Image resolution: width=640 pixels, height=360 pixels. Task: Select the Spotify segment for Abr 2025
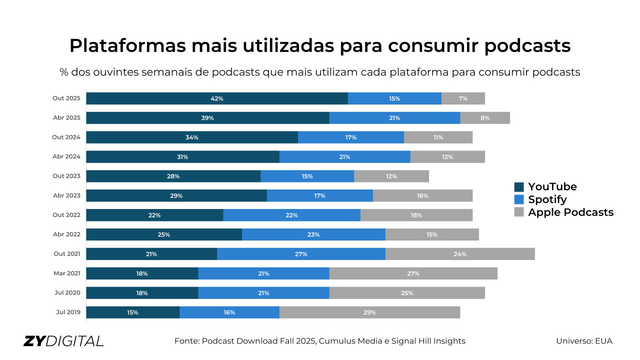[x=394, y=118]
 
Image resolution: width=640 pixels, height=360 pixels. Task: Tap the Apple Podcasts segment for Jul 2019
[x=369, y=312]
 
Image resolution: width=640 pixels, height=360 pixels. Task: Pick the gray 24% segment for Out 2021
[x=460, y=254]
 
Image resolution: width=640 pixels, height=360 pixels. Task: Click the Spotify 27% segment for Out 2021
[x=301, y=254]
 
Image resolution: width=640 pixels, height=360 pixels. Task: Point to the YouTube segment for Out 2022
[x=154, y=215]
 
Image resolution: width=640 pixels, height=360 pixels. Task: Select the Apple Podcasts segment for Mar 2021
[x=413, y=273]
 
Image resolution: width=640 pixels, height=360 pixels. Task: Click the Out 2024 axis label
[x=66, y=137]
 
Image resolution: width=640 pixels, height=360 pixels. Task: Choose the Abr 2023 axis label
[x=66, y=195]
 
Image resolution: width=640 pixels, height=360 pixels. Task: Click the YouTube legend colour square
[x=519, y=187]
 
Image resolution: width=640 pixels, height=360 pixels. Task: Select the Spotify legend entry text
[x=547, y=199]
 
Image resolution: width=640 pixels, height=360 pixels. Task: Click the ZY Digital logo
[x=63, y=341]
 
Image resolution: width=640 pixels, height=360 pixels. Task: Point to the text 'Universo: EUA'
[x=584, y=341]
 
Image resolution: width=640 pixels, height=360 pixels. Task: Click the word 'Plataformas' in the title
[x=127, y=45]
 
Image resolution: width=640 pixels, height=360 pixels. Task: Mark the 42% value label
[x=217, y=98]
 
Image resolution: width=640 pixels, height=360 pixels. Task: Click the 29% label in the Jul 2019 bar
[x=369, y=312]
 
